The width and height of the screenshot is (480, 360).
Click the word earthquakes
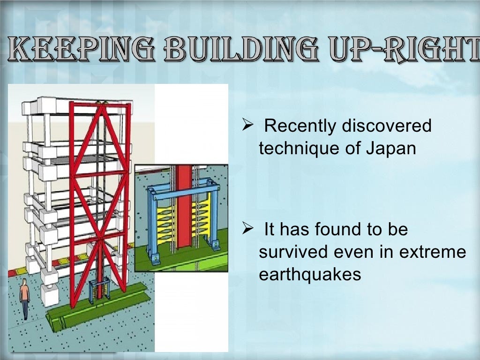point(310,275)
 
